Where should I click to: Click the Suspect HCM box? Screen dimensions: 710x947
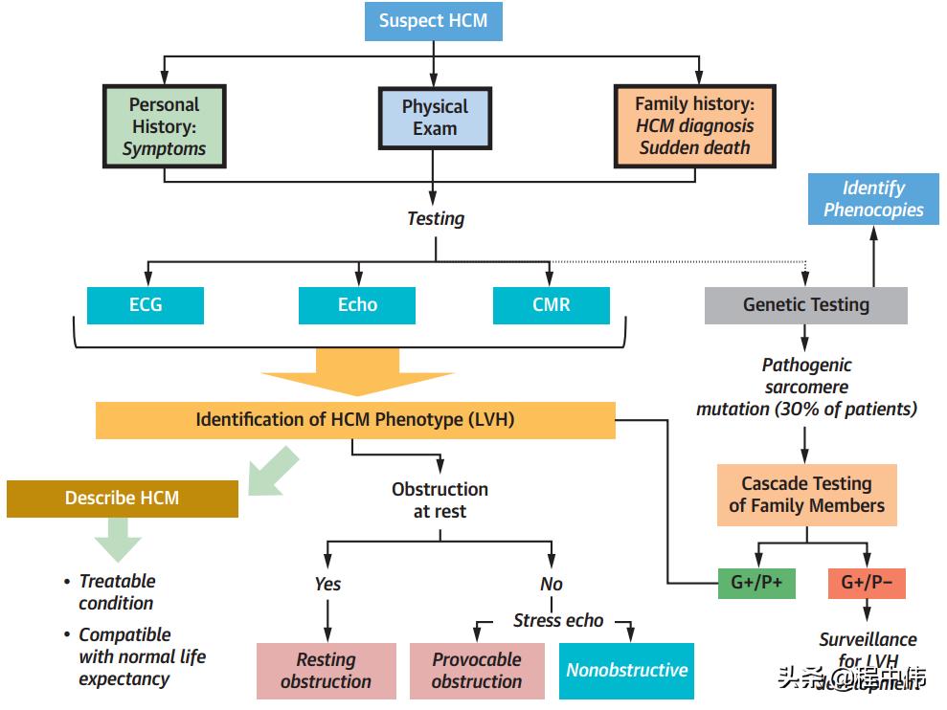tap(433, 21)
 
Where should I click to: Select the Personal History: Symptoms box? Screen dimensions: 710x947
tap(165, 126)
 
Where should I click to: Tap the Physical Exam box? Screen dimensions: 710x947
tap(435, 118)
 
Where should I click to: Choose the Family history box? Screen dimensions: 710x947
tap(694, 125)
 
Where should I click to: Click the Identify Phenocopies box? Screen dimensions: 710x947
tap(873, 199)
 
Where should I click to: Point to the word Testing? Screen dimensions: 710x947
tap(436, 218)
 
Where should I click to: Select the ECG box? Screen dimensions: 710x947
tap(145, 305)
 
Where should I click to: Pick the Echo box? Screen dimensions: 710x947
tap(357, 305)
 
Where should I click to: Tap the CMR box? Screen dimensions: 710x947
tap(551, 305)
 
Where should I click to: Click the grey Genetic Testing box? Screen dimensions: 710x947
tap(805, 305)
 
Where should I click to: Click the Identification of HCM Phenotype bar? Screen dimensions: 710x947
tap(355, 420)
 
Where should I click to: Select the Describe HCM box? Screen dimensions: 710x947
tap(122, 499)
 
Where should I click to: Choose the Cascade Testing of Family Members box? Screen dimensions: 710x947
tap(806, 495)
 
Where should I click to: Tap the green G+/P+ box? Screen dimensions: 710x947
tap(756, 584)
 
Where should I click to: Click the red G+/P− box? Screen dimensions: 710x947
tap(866, 584)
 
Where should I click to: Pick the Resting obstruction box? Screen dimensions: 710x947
tap(326, 670)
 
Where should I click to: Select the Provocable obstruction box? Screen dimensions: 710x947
tap(477, 670)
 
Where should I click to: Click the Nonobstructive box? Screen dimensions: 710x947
tap(626, 670)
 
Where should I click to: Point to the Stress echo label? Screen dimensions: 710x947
tap(558, 620)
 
